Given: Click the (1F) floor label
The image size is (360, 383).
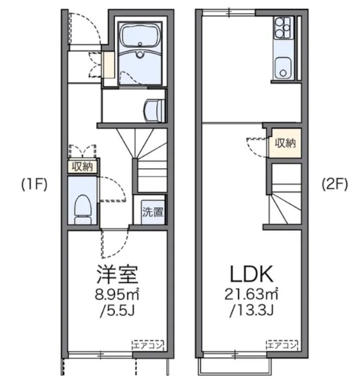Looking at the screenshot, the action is [x=34, y=184].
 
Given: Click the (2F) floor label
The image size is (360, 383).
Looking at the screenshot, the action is [x=335, y=184].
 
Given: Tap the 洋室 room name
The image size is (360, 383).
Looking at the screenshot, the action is [x=117, y=274].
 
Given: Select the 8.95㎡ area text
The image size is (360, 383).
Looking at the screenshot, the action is [x=117, y=294].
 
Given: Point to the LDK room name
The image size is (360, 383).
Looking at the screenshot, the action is [x=252, y=274].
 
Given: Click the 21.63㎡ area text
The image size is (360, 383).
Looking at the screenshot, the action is [x=251, y=294].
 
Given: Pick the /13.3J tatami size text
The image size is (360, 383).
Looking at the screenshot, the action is [x=251, y=311].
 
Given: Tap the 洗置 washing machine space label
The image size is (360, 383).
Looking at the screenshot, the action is [x=152, y=212].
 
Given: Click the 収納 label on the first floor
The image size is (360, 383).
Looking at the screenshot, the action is [x=83, y=166].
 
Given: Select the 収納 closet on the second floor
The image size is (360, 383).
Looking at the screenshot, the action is [x=285, y=143].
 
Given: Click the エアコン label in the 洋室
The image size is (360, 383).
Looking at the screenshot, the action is [x=148, y=346].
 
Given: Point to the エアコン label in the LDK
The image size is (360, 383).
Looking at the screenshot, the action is [x=282, y=346].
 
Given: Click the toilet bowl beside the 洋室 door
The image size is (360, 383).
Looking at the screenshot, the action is [x=83, y=209].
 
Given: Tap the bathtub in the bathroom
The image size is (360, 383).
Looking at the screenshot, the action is [x=140, y=36].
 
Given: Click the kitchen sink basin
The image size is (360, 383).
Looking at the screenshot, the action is [x=283, y=68].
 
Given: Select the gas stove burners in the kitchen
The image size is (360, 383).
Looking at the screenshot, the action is [x=283, y=28].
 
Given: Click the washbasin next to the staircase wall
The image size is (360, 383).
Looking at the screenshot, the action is [x=154, y=111].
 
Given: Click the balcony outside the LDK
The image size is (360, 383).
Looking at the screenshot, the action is [x=235, y=366].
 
